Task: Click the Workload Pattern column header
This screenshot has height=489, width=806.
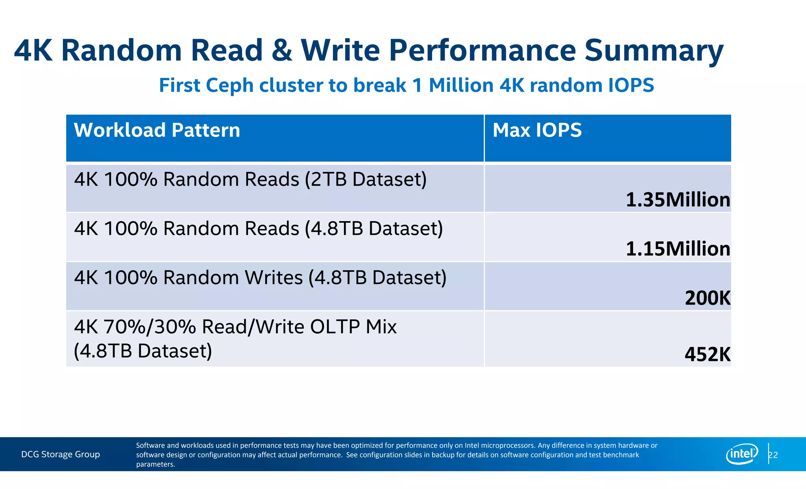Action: point(157,130)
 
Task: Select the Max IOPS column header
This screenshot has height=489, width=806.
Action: point(537,130)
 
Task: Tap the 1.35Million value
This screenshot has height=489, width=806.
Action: point(678,200)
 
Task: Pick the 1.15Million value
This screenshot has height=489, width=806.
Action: point(678,249)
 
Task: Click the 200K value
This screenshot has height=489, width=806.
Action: point(707,298)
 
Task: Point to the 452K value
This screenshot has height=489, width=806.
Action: point(707,354)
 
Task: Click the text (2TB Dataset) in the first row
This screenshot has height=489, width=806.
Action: point(366,179)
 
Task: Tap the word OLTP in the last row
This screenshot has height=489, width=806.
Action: point(335,327)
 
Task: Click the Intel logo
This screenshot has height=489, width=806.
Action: point(741,454)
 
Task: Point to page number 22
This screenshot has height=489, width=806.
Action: point(773,455)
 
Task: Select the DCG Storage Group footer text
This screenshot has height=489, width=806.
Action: point(61,454)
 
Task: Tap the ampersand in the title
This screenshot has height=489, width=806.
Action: point(282,50)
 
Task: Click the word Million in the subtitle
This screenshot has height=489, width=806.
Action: point(461,85)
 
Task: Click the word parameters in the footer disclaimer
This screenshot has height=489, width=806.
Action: point(155,464)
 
